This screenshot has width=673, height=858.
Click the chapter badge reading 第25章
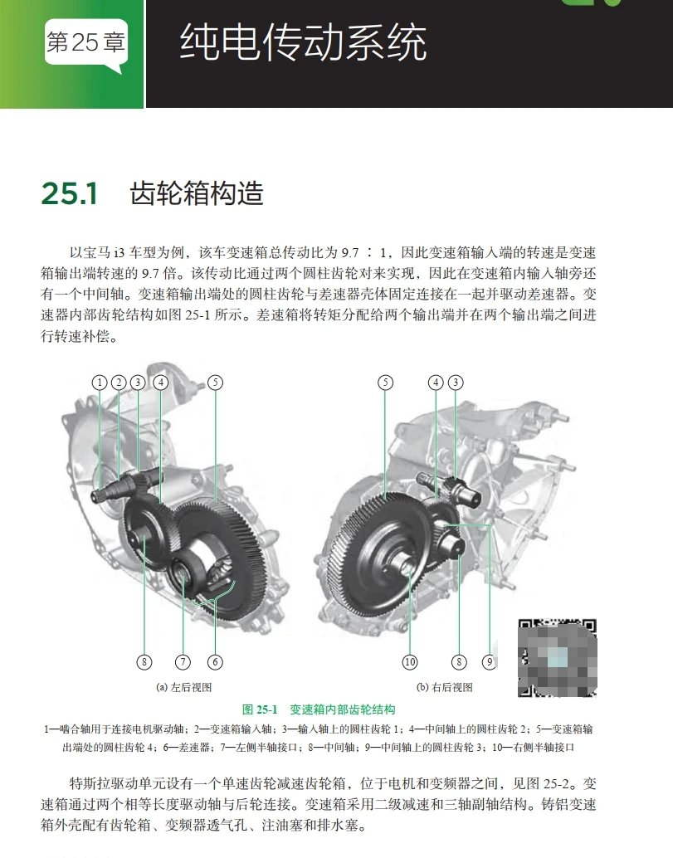point(85,43)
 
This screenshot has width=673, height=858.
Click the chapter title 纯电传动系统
point(303,43)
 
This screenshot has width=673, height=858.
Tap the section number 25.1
point(70,193)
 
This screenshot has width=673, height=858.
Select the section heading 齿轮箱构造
point(197,193)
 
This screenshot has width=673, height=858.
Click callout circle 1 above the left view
point(100,383)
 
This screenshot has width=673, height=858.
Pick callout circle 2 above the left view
point(119,383)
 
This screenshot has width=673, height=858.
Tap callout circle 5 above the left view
point(215,383)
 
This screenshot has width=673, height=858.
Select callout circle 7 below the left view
point(183,662)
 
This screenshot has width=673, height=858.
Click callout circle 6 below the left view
point(215,662)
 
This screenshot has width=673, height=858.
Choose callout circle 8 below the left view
point(144,662)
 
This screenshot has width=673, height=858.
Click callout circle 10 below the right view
point(410,662)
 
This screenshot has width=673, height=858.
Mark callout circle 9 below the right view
point(490,662)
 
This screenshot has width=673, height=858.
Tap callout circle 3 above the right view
point(456,383)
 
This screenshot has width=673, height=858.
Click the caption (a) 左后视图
point(184,687)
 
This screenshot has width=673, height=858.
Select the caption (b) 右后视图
point(444,687)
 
